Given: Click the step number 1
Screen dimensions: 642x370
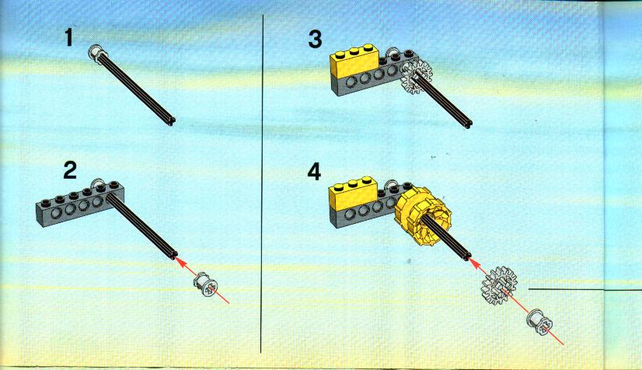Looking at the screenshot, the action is tap(68, 37).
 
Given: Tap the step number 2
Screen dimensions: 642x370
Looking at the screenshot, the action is tap(70, 170).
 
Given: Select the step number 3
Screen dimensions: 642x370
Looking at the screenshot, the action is tap(315, 40).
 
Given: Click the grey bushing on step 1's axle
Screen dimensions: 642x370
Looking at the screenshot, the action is tap(97, 54).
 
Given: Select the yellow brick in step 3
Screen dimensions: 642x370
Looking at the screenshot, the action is tap(354, 61).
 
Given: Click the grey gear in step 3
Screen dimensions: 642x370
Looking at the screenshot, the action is tap(417, 78).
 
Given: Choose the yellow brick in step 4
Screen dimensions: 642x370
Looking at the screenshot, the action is tap(354, 194).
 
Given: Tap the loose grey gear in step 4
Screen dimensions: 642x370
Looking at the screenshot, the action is tap(499, 284).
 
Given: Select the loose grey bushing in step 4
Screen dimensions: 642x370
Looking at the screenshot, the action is tap(539, 321).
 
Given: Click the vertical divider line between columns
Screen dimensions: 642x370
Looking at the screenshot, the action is tap(262, 183).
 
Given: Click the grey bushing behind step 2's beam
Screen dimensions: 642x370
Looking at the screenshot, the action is tap(99, 184).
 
